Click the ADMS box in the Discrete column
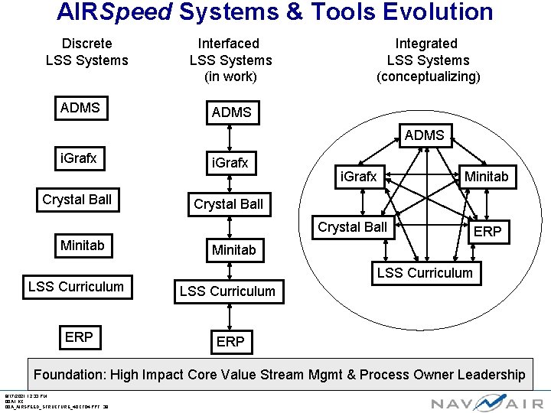point(80,108)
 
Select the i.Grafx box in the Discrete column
point(79,158)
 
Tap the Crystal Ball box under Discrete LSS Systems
point(77,200)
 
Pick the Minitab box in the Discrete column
point(82,246)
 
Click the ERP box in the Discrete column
point(79,337)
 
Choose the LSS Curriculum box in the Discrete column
point(76,287)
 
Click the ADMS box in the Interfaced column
point(231,112)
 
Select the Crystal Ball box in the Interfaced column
point(228,204)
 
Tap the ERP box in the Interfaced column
point(230,342)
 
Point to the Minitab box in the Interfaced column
point(233,250)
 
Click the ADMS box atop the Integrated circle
point(424,135)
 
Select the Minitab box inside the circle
point(486,177)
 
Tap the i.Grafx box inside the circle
point(358,177)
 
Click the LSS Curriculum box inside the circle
point(425,273)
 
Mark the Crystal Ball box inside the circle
point(353,227)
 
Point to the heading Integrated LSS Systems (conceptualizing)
point(428,60)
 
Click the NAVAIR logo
point(487,402)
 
